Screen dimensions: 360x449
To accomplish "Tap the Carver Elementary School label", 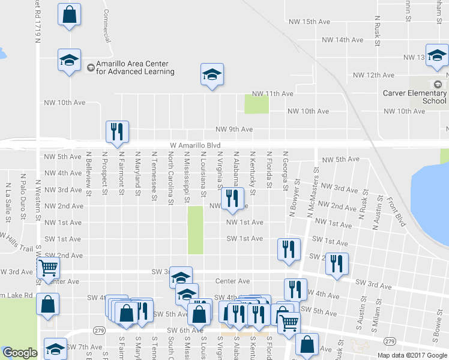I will [x=414, y=97].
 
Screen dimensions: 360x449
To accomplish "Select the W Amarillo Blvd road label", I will [x=187, y=146].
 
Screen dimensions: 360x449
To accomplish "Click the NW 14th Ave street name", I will [x=342, y=40].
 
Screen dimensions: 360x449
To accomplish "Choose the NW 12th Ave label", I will [x=373, y=75].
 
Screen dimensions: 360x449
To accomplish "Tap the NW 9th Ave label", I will [x=234, y=129].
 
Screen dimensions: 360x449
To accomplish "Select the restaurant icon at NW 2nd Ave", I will [x=232, y=198].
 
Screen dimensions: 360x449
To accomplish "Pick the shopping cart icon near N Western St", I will [x=48, y=268].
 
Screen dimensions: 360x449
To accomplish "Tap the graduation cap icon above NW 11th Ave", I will [x=211, y=74].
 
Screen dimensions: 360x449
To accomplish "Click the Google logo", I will [x=20, y=353].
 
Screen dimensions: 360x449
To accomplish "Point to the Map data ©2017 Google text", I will [x=412, y=355].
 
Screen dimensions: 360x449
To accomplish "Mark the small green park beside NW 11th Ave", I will [x=256, y=104].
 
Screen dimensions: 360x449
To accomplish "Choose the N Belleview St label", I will [x=88, y=170].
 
